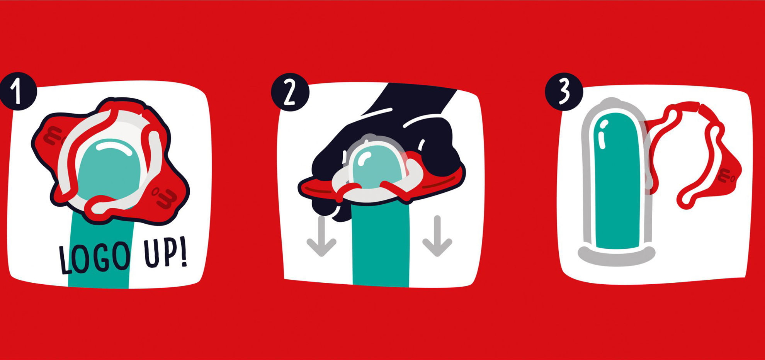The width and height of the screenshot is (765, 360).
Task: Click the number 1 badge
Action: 18,91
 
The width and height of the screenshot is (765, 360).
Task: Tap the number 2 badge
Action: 290,92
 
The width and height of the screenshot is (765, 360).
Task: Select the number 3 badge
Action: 564,92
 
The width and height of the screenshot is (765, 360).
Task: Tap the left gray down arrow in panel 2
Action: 321,236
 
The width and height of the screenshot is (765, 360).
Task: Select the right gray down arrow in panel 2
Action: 437,236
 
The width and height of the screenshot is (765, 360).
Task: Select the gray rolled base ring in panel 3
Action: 617,256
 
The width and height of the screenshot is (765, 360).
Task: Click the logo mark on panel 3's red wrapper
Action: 726,176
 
